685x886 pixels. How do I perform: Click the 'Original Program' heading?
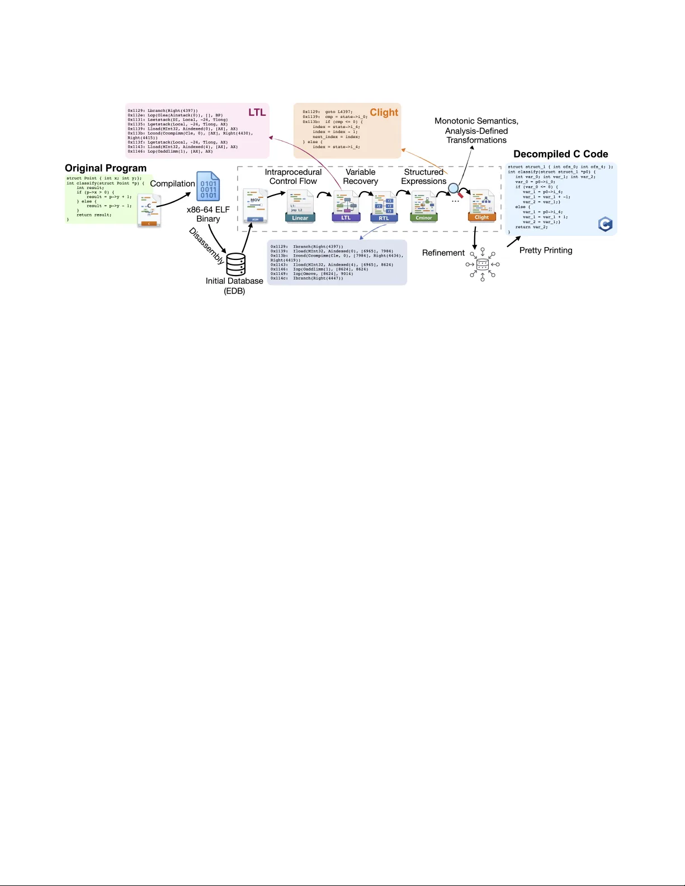click(106, 168)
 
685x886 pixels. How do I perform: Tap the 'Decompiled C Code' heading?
click(560, 154)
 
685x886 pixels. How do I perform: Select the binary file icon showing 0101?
click(208, 187)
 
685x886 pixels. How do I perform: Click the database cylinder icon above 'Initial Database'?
click(236, 264)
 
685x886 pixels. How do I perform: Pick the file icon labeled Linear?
click(300, 206)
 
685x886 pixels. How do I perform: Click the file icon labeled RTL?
click(384, 206)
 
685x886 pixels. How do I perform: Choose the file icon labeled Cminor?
click(424, 206)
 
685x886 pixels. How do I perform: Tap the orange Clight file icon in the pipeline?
click(482, 206)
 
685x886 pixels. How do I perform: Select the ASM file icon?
click(256, 206)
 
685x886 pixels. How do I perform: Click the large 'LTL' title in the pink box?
click(257, 112)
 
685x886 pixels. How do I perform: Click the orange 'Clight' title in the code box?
click(384, 112)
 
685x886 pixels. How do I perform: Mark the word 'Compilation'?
click(172, 183)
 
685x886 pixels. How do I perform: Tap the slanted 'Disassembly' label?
click(206, 246)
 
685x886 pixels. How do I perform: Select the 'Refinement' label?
click(443, 253)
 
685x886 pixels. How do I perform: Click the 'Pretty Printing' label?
click(546, 250)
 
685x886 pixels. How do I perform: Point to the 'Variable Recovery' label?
click(361, 177)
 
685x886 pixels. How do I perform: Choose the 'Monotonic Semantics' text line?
click(476, 121)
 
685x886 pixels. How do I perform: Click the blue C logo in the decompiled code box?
click(605, 224)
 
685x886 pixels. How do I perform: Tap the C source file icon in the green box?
click(149, 210)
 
